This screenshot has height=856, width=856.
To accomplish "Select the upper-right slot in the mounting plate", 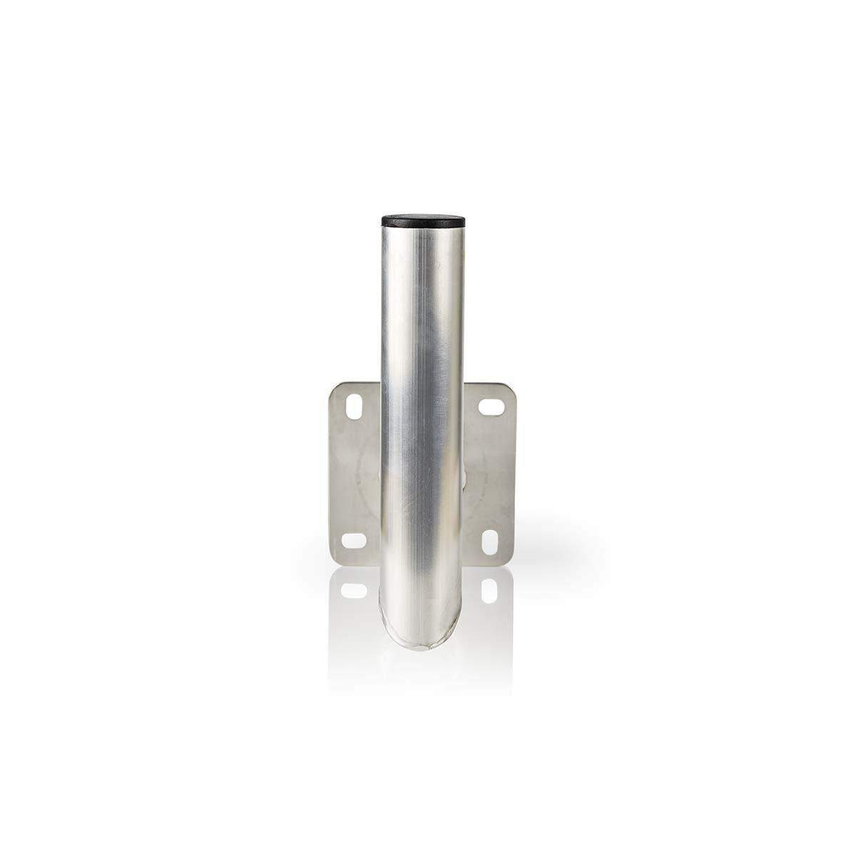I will click(491, 407).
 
